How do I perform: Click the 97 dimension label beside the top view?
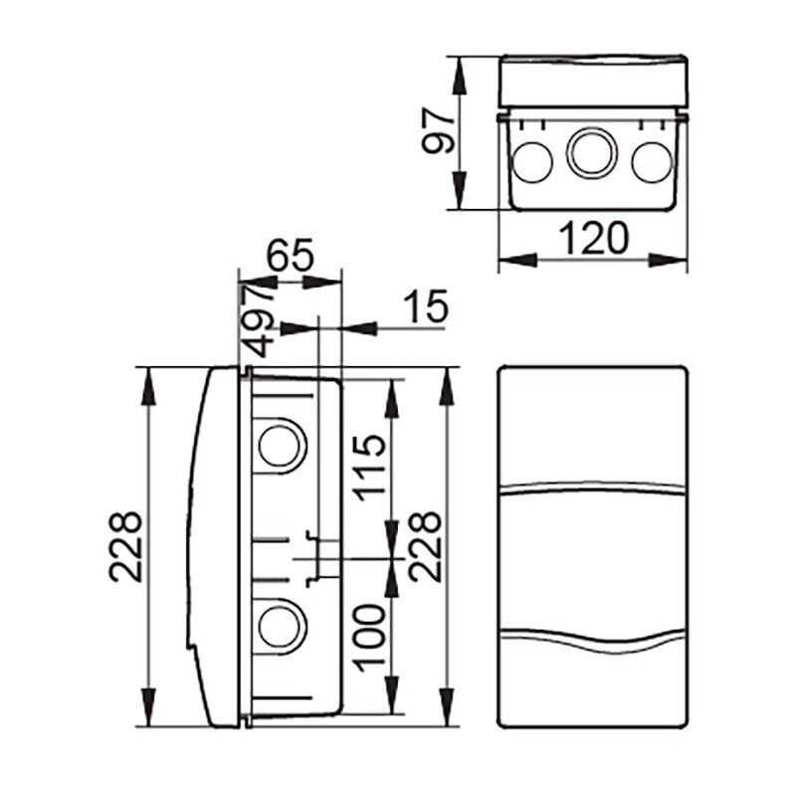(x=438, y=130)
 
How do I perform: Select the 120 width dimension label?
(x=593, y=238)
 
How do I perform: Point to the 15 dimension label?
(x=426, y=306)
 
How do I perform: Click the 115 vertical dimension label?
(x=369, y=468)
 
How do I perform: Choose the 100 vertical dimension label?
(x=369, y=638)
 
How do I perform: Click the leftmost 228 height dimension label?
(x=125, y=546)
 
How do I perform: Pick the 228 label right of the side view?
(x=426, y=546)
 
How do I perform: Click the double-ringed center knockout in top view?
(x=592, y=153)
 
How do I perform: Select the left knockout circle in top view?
(x=532, y=162)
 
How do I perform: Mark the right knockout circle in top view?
(x=653, y=162)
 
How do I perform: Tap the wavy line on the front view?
(x=593, y=641)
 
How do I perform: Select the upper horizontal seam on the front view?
(x=593, y=490)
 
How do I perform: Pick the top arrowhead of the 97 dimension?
(x=460, y=77)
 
